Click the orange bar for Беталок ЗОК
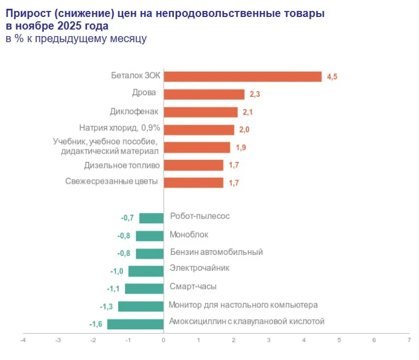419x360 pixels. (242, 77)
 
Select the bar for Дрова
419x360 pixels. (204, 94)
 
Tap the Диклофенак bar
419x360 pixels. (200, 112)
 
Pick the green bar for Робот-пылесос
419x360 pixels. (152, 218)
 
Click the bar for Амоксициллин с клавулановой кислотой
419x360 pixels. (136, 324)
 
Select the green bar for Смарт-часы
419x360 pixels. (144, 288)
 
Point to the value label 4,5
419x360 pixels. (332, 77)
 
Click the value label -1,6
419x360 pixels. (96, 324)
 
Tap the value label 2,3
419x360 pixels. (254, 95)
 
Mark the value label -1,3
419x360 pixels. (107, 306)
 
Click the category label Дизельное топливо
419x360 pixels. (121, 165)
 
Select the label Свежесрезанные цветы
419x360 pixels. (112, 182)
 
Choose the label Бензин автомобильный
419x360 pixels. (217, 252)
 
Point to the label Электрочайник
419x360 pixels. (199, 268)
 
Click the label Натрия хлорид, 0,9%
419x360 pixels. (119, 129)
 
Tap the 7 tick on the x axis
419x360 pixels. (409, 340)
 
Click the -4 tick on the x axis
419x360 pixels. (22, 340)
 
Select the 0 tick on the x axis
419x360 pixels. (164, 340)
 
